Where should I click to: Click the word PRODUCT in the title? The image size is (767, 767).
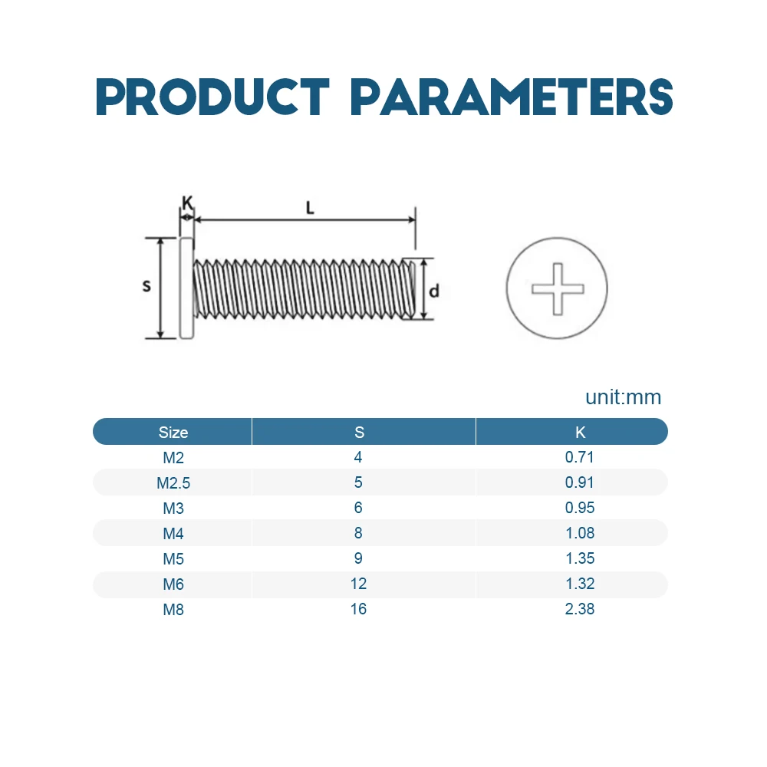click(212, 97)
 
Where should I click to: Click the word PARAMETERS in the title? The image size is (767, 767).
click(512, 97)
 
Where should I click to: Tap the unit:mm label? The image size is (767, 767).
click(623, 397)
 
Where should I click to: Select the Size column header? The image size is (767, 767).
click(173, 433)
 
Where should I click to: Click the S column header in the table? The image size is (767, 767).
click(359, 433)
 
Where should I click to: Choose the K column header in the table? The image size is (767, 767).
click(580, 433)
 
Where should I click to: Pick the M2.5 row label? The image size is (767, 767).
click(173, 483)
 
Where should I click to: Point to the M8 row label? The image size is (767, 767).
click(173, 610)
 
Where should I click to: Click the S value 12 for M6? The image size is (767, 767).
click(358, 584)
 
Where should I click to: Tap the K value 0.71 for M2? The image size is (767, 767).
click(580, 457)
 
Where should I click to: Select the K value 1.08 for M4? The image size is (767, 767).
click(580, 533)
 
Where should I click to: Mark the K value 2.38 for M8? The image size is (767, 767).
click(580, 609)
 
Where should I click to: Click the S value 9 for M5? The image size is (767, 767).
click(358, 558)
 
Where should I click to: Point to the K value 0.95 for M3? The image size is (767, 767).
click(580, 508)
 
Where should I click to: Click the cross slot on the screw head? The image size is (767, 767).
click(558, 289)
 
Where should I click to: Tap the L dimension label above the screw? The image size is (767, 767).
click(310, 209)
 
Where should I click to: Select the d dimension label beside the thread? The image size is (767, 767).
click(434, 291)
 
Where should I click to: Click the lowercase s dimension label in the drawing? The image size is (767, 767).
click(146, 286)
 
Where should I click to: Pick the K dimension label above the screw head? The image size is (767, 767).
click(187, 202)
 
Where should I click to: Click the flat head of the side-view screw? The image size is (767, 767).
click(186, 288)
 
